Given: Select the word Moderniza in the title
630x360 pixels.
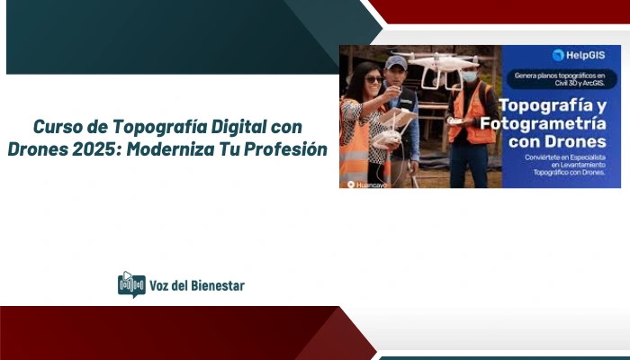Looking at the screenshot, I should (x=170, y=148).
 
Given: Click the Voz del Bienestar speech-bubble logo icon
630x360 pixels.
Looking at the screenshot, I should (x=131, y=284).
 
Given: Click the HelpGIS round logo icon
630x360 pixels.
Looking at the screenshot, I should (x=558, y=55).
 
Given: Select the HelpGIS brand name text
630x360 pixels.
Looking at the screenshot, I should (x=585, y=55).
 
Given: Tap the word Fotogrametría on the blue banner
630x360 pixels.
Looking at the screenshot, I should (x=556, y=122).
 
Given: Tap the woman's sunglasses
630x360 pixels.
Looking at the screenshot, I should (x=374, y=79).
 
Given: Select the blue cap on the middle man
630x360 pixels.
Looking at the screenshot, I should (x=395, y=62).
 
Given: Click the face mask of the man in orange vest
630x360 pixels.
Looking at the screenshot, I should (x=469, y=76).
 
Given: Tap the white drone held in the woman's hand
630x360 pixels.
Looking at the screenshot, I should (x=389, y=138).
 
